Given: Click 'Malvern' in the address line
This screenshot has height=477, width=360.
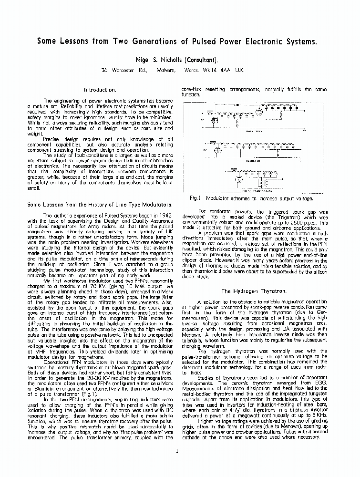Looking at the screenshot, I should (165, 70).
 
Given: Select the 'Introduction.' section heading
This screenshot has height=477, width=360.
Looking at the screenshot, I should (100, 89).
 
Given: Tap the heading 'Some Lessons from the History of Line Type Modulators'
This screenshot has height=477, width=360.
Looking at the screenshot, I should (100, 205).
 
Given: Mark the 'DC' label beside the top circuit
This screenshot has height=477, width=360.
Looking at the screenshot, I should (202, 120).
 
